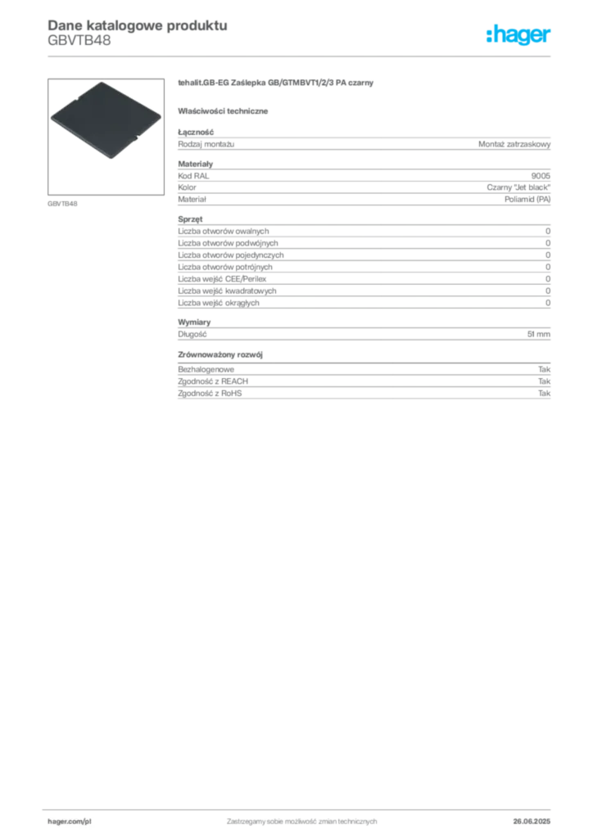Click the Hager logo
(518, 35)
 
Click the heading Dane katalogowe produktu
(138, 25)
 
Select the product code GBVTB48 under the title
(79, 41)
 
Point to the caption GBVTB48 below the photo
(62, 204)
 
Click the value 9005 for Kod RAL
(541, 176)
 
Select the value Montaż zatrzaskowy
(514, 144)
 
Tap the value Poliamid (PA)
(527, 200)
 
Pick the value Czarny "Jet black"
(518, 187)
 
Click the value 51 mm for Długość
(538, 334)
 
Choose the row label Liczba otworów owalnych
(224, 232)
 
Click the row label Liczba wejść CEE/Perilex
(222, 279)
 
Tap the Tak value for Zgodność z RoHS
(545, 394)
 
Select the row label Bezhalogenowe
(206, 369)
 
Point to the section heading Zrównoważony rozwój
(220, 355)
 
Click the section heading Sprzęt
(190, 219)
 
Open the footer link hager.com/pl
(70, 822)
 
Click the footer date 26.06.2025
(532, 822)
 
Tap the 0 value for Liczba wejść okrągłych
(548, 303)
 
